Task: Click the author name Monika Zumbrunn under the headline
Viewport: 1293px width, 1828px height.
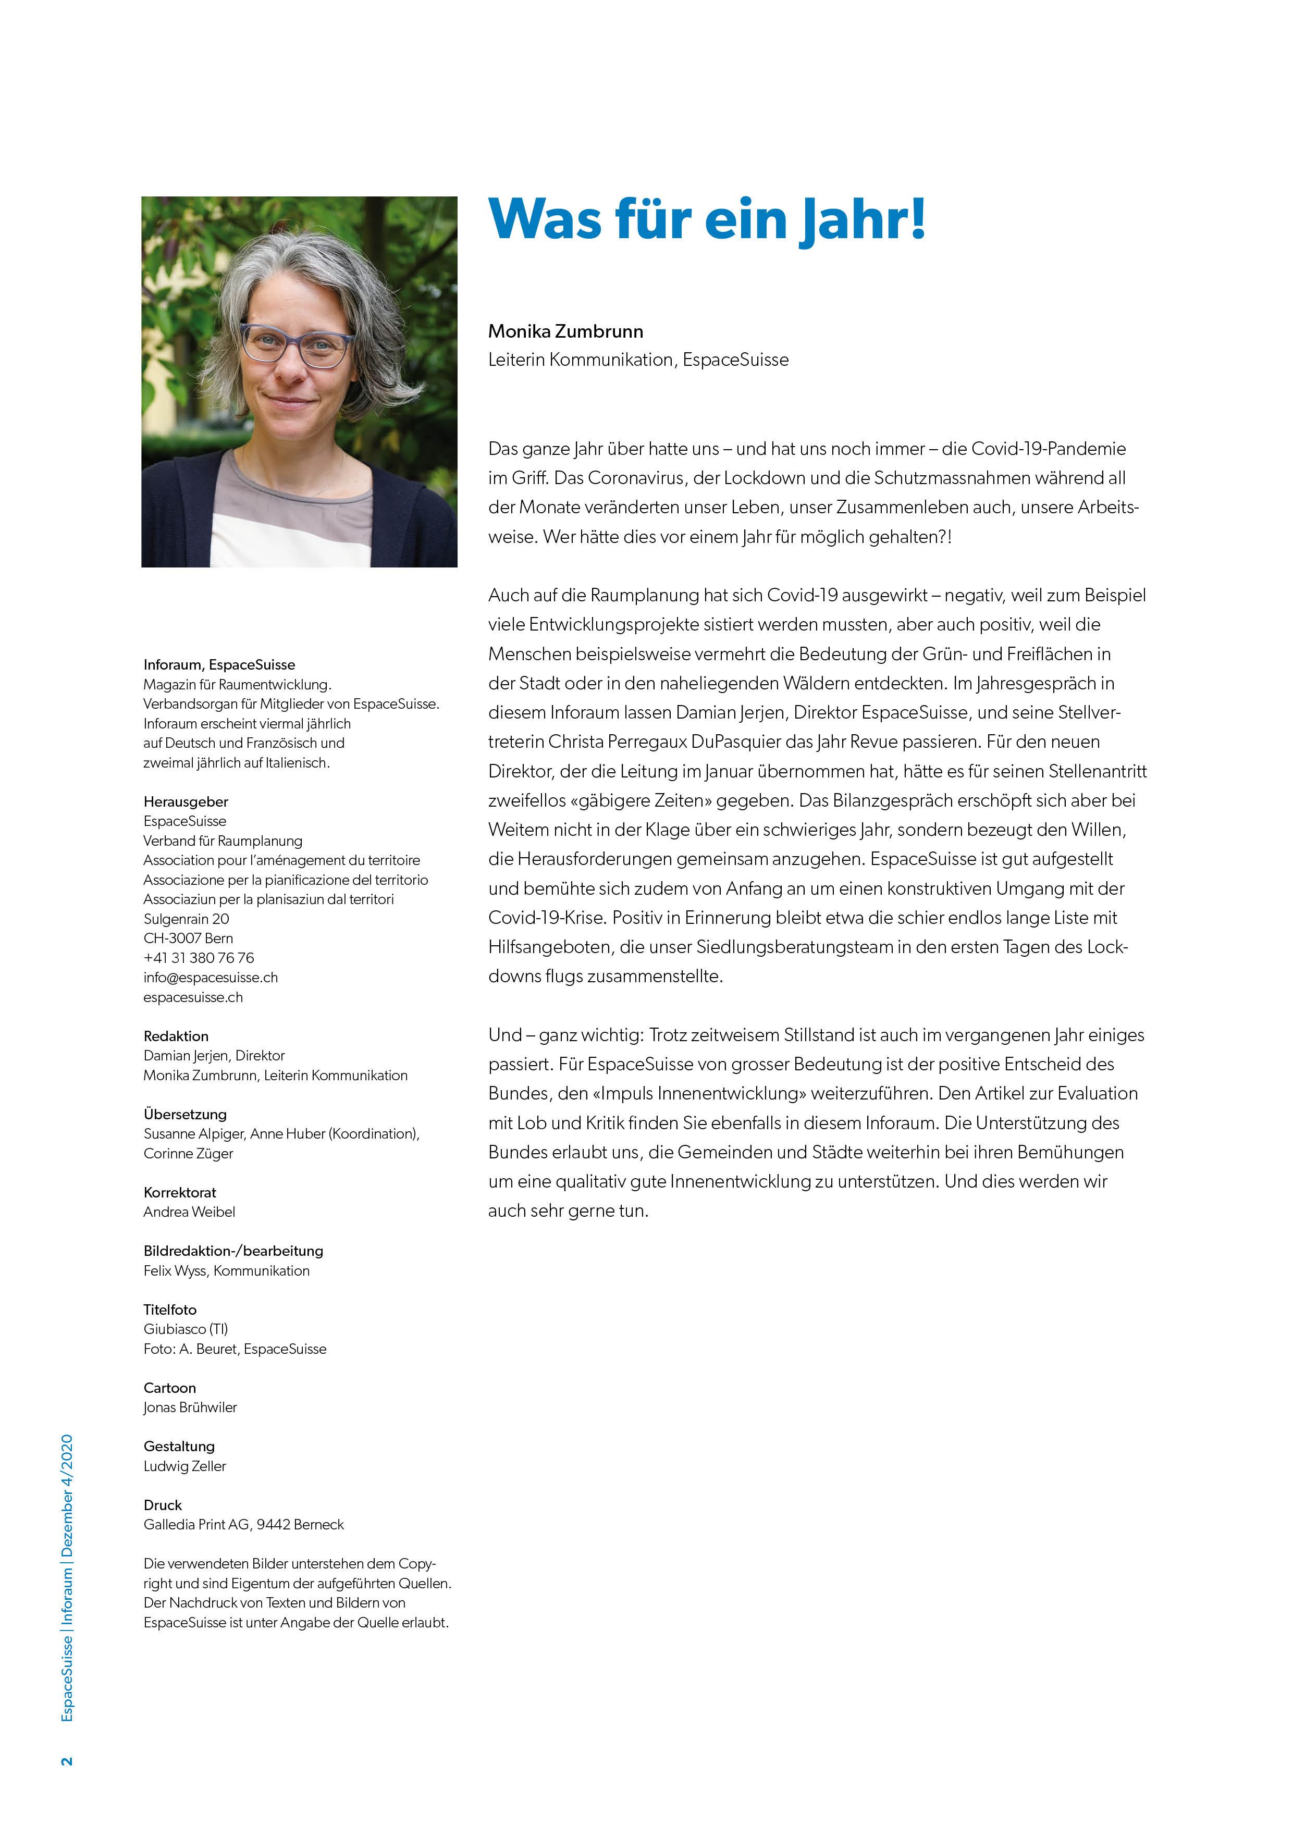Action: pos(565,331)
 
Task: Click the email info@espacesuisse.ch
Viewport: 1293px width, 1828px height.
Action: pos(210,977)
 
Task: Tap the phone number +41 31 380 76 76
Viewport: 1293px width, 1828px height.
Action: pos(198,957)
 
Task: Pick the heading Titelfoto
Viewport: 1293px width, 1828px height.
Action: pos(169,1309)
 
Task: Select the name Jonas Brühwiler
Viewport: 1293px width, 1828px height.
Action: pos(190,1407)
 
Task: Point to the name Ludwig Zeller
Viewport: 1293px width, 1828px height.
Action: pos(184,1466)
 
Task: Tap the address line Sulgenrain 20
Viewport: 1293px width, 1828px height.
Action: pos(186,918)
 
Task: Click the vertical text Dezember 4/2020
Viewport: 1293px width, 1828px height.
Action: pos(67,1496)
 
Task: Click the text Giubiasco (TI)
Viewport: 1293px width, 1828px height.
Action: pos(186,1329)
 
